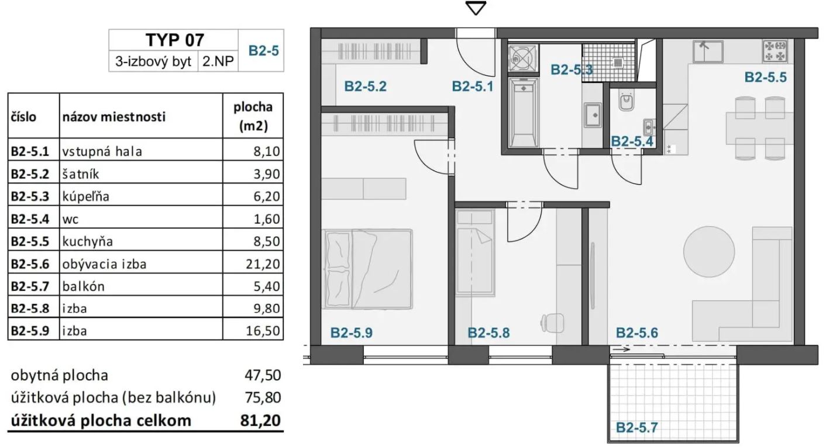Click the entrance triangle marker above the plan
pos(476,8)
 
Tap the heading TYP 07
pos(174,40)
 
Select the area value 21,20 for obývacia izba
pos(263,264)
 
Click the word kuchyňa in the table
pos(87,241)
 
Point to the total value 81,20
pos(260,420)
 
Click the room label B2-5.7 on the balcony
pos(637,428)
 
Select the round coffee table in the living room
pos(709,251)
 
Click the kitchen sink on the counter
pos(708,51)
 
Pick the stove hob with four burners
pos(775,51)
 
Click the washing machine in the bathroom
pos(523,58)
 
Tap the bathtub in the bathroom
pos(523,112)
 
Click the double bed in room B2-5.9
pos(367,269)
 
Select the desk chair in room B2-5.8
pos(552,323)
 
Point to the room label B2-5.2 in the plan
pos(365,86)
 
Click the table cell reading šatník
pos(80,174)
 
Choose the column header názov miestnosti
pos(114,117)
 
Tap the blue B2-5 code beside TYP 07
pos(263,50)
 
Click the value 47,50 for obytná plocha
pos(263,375)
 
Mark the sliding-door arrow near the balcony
pos(621,349)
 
